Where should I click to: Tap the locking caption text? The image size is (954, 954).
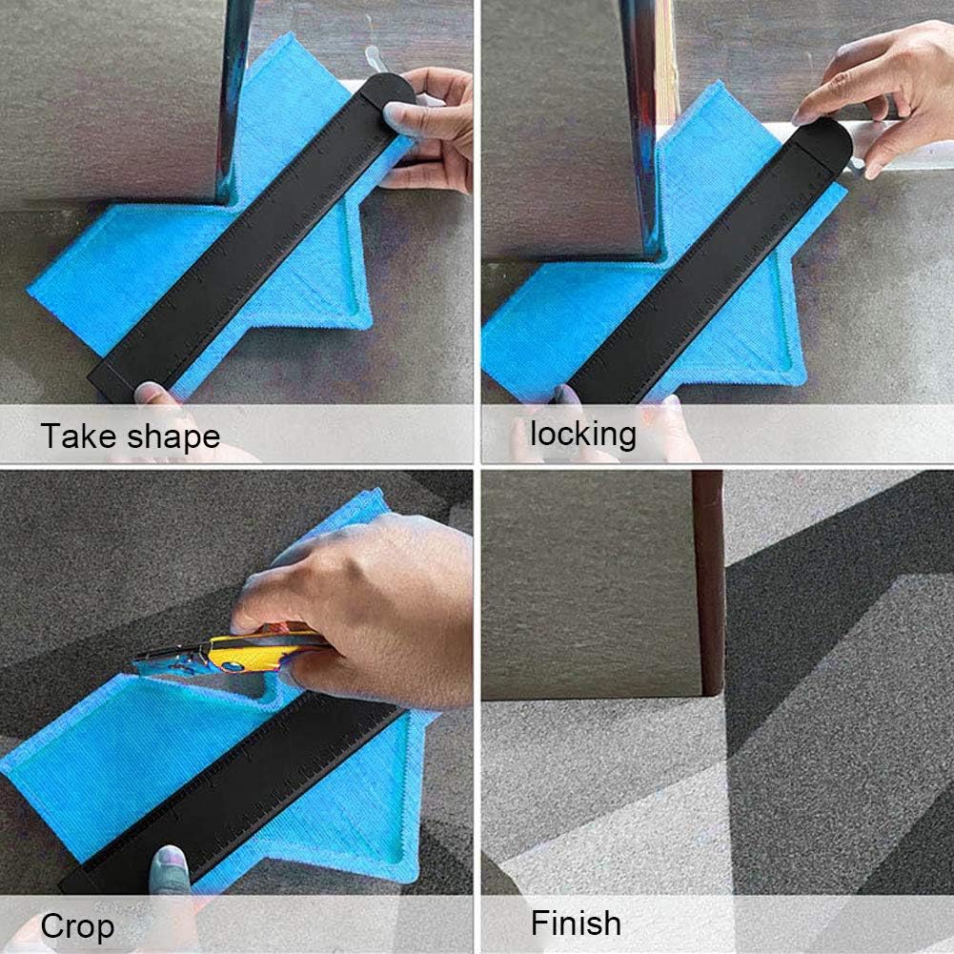coord(582,434)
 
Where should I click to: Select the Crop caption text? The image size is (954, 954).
coord(77,926)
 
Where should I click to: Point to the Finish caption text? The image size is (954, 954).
coord(576,924)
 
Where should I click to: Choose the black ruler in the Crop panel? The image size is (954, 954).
coord(238,791)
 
